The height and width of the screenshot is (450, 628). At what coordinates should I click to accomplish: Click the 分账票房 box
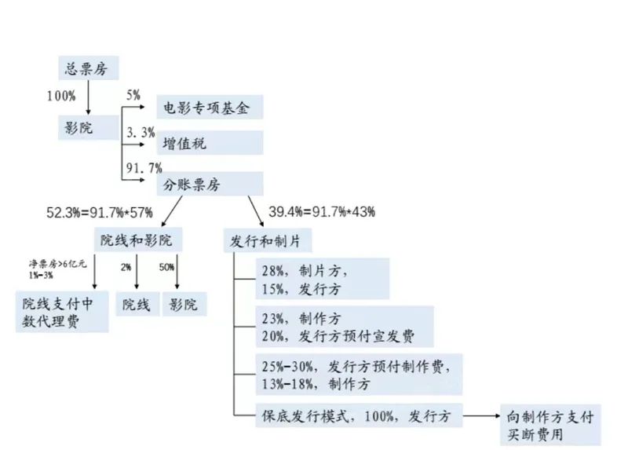(x=209, y=183)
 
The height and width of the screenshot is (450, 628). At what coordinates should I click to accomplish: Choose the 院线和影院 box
(x=137, y=239)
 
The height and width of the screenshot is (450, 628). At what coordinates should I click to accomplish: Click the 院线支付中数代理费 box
(x=62, y=312)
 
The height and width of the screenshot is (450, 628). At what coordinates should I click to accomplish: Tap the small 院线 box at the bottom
(x=136, y=304)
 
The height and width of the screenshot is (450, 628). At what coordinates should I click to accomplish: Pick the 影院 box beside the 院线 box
(x=184, y=304)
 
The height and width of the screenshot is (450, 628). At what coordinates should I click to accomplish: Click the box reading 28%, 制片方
(x=323, y=280)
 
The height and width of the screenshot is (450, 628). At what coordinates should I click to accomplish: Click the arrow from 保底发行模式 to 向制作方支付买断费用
(x=480, y=414)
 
